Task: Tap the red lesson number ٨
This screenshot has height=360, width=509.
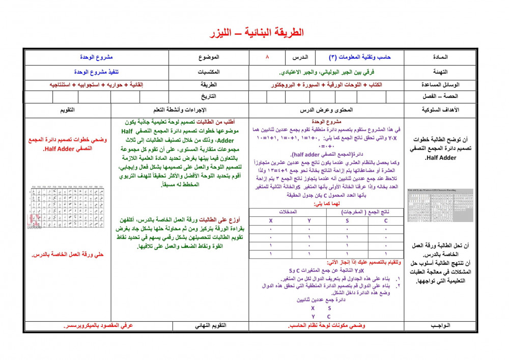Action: [x=267, y=57]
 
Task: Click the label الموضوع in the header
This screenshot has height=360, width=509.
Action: [x=207, y=57]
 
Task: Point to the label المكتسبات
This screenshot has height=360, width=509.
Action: [x=207, y=71]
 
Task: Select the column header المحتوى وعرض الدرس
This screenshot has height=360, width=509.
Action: [x=326, y=110]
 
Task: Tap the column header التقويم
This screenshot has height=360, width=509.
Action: [x=68, y=110]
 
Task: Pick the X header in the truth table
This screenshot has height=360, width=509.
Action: [x=271, y=220]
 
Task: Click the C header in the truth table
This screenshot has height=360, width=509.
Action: [x=385, y=220]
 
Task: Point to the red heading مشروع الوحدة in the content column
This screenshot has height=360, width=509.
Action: [x=326, y=122]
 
